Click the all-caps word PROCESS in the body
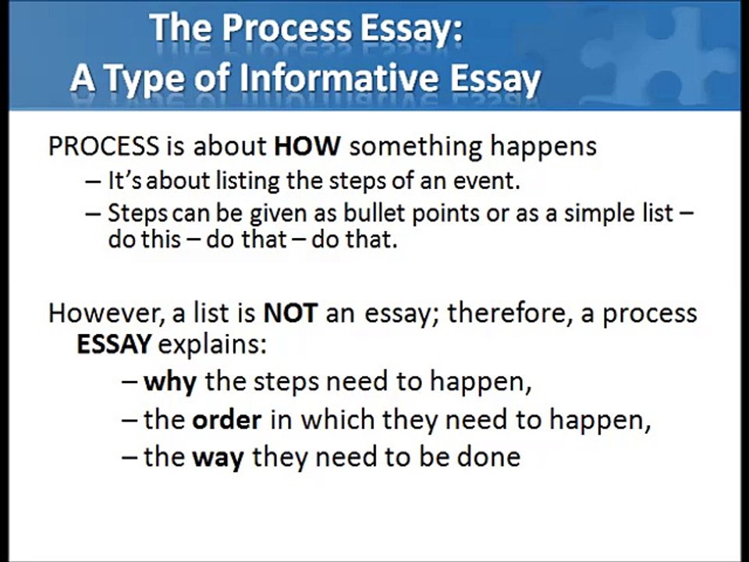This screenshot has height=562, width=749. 103,146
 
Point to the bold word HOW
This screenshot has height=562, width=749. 304,146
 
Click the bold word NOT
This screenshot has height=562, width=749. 290,313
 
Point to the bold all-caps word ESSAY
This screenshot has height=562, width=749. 114,344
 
